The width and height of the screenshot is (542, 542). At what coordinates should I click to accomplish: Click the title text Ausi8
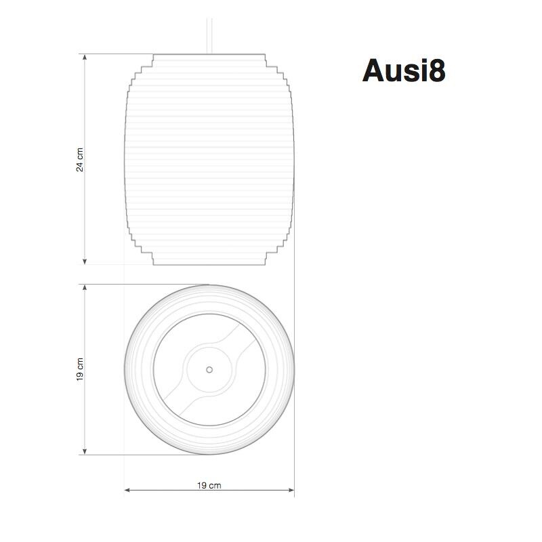click(404, 70)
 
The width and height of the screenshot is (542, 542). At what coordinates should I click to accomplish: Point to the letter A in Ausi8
click(374, 70)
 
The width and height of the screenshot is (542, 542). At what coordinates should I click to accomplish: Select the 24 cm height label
click(80, 160)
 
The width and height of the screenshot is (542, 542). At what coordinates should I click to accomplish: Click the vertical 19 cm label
click(80, 369)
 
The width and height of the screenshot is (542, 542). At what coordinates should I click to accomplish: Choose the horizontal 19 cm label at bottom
click(209, 485)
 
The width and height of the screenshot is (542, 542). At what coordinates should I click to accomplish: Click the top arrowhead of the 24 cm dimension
click(85, 58)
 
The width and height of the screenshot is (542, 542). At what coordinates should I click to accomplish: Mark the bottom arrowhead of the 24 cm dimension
click(85, 261)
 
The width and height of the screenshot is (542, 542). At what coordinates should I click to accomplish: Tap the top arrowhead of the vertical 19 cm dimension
click(85, 288)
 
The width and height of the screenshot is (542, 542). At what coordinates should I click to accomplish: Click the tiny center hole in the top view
click(209, 369)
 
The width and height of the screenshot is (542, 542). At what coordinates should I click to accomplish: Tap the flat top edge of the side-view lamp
click(209, 54)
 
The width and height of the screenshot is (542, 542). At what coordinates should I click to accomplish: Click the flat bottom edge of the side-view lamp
click(209, 264)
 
